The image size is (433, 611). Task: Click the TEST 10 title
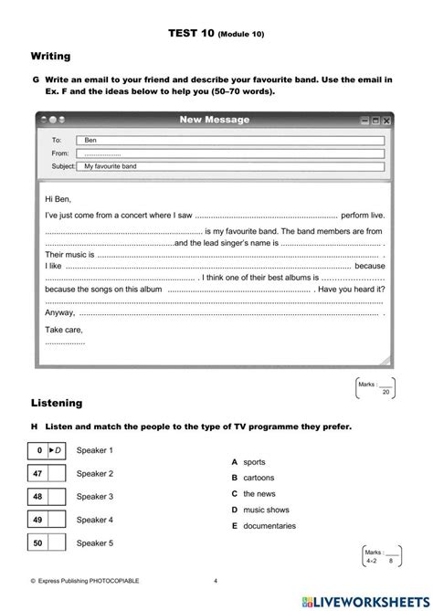point(216,33)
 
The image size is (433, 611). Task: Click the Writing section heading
point(50,57)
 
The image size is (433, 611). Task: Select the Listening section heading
point(56,402)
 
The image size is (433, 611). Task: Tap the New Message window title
point(214,120)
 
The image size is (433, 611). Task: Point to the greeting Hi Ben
point(57,198)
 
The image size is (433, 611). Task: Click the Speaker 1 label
point(95,450)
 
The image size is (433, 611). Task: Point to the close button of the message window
point(387,121)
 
